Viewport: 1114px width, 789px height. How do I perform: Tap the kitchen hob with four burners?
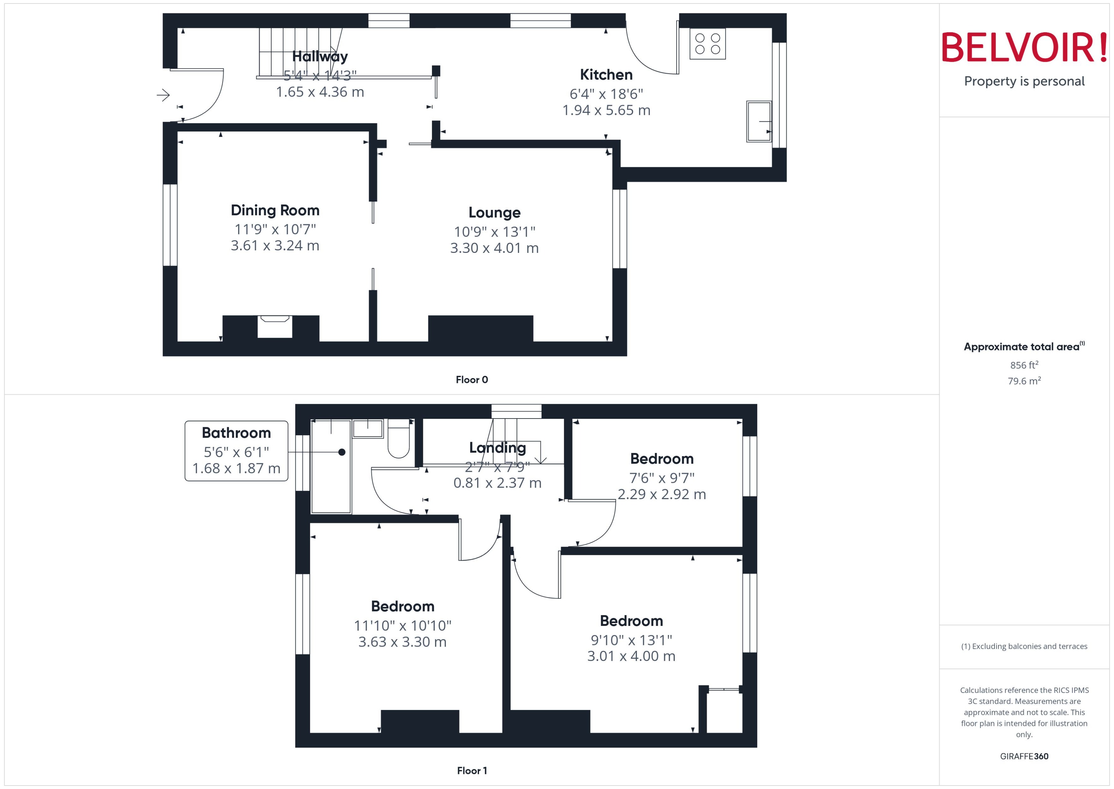click(x=707, y=44)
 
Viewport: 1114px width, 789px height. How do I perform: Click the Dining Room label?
click(x=275, y=210)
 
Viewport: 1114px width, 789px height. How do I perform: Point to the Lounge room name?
click(x=494, y=213)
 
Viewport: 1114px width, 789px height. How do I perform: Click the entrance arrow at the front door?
click(x=163, y=95)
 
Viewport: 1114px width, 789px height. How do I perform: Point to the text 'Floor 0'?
click(x=471, y=380)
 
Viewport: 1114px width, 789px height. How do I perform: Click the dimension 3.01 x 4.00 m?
click(x=631, y=656)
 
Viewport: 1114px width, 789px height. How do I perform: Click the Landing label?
click(x=497, y=448)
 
